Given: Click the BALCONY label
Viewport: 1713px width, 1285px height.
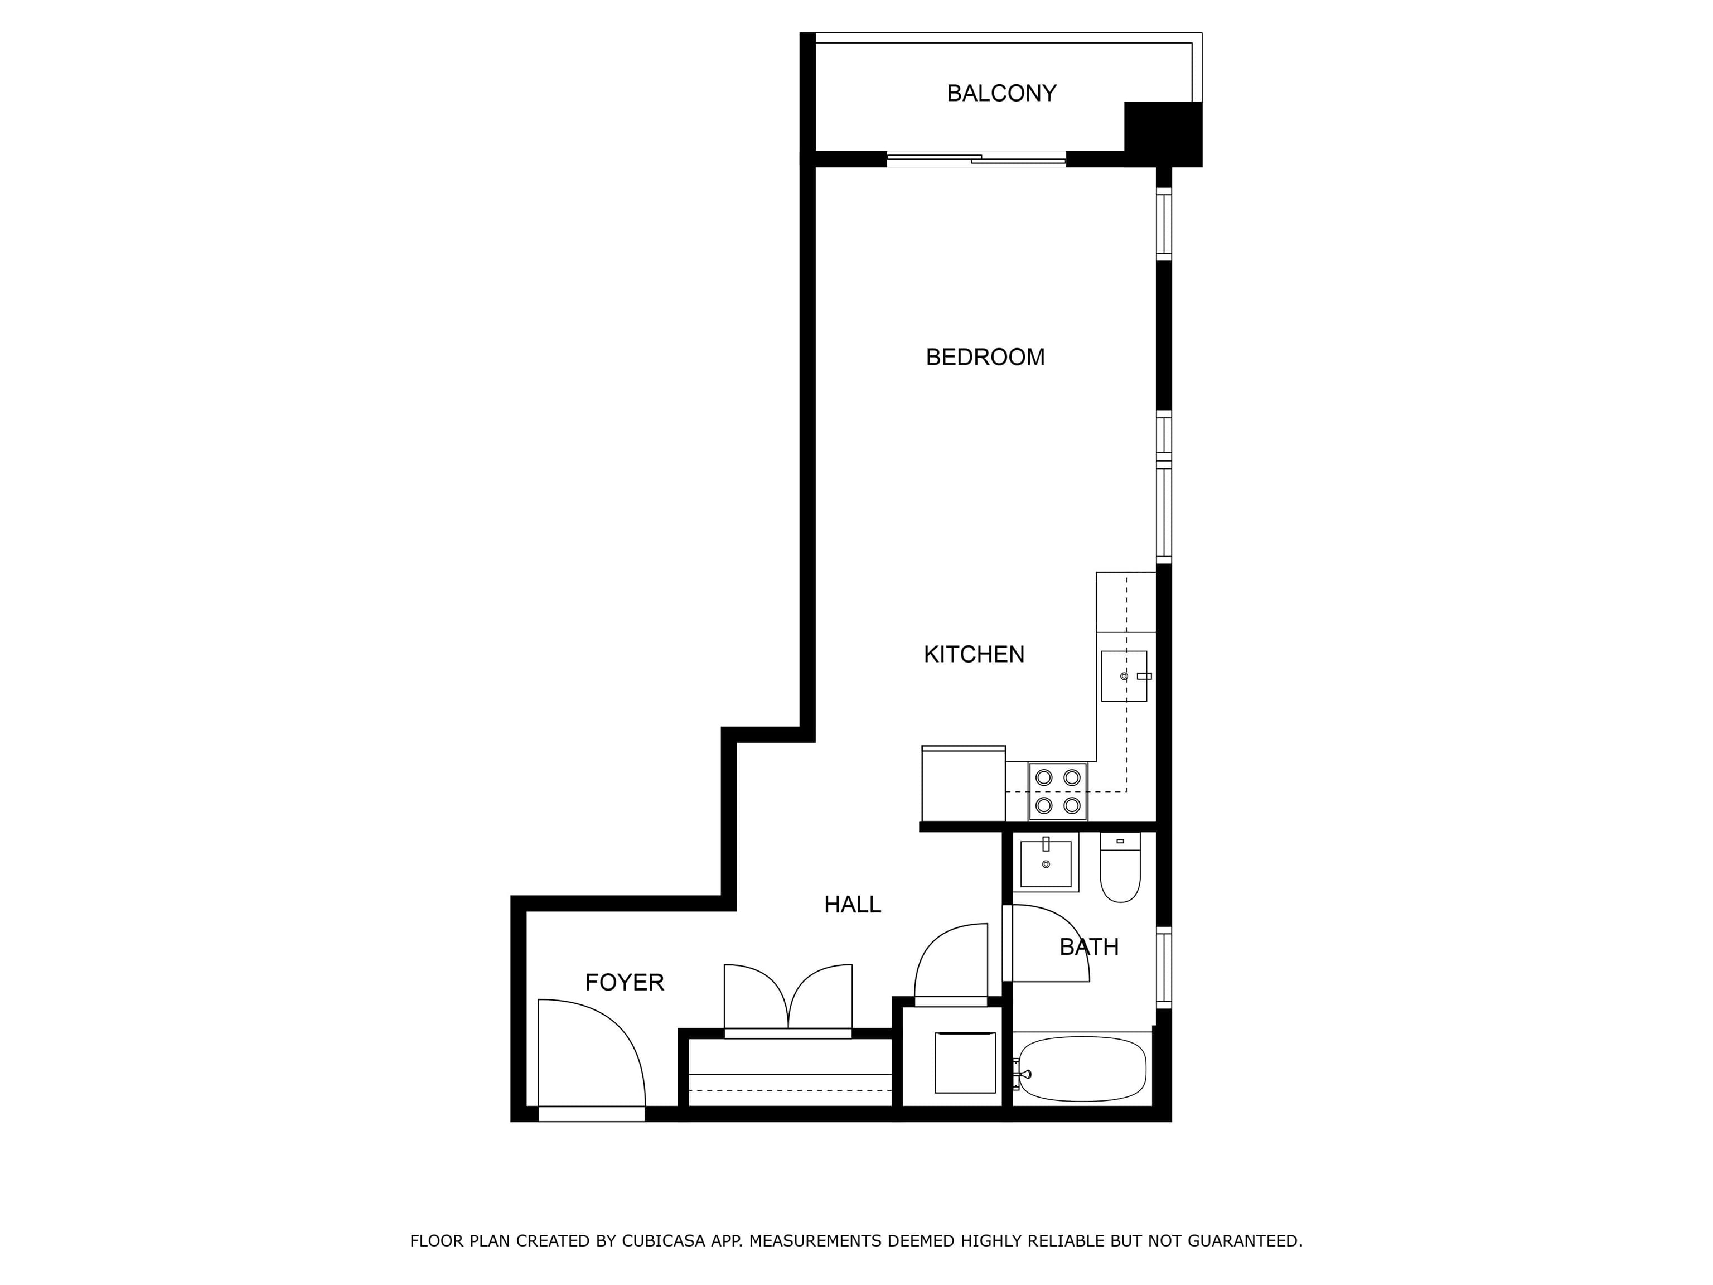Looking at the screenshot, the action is pos(1001,93).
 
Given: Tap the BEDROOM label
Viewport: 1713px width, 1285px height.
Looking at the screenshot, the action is pos(985,357).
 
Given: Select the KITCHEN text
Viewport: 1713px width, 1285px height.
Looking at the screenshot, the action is pos(974,655).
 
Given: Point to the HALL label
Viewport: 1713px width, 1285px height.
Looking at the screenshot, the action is pos(852,905).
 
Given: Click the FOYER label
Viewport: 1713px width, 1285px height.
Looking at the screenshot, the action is pos(624,983).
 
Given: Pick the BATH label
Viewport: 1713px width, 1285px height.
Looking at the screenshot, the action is pos(1089,946).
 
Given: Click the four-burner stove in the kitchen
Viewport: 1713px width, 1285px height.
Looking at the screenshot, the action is pos(1058,791).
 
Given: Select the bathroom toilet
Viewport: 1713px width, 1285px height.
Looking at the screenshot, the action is pos(1120,867).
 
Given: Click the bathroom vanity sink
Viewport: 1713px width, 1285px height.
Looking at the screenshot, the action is pos(1046,862).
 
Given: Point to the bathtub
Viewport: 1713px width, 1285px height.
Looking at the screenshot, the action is pos(1082,1069).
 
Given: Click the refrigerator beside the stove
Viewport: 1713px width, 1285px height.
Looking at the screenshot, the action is pos(964,783).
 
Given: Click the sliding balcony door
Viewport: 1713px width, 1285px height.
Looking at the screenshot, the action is pos(976,160).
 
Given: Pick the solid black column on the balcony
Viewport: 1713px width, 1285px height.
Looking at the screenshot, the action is pos(1163,134).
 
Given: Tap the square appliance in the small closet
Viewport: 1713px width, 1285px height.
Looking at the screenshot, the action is pos(965,1062).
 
